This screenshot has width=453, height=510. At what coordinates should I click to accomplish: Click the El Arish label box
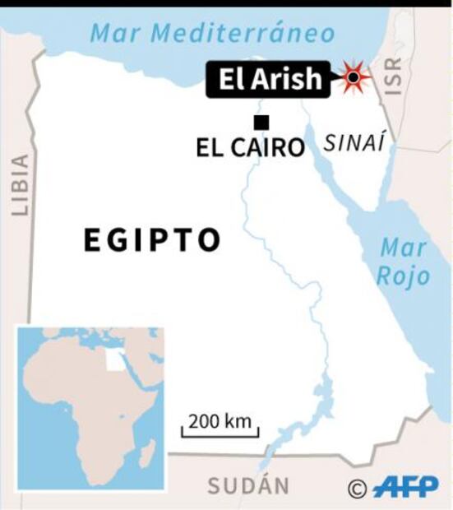[x=270, y=79]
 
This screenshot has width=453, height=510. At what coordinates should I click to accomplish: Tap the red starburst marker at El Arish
[x=353, y=77]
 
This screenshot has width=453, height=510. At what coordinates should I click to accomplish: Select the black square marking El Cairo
[x=261, y=123]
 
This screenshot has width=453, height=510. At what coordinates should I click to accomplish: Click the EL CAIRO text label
[x=250, y=148]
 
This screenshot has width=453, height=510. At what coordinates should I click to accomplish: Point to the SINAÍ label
[x=354, y=143]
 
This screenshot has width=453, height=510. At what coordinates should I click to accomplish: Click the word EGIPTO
[x=153, y=240]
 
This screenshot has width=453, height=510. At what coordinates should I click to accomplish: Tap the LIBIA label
[x=20, y=186]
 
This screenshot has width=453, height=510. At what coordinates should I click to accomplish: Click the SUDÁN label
[x=248, y=486]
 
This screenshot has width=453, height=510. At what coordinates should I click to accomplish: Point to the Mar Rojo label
[x=404, y=262]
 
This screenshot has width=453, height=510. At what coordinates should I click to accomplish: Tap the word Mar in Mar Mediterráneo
[x=111, y=33]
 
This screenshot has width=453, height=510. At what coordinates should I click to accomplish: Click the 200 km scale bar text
[x=220, y=422]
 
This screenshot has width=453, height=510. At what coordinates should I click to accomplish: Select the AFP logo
[x=405, y=488]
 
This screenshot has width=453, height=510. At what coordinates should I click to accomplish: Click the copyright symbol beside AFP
[x=357, y=489]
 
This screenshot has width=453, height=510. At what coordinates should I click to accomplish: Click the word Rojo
[x=404, y=276]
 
